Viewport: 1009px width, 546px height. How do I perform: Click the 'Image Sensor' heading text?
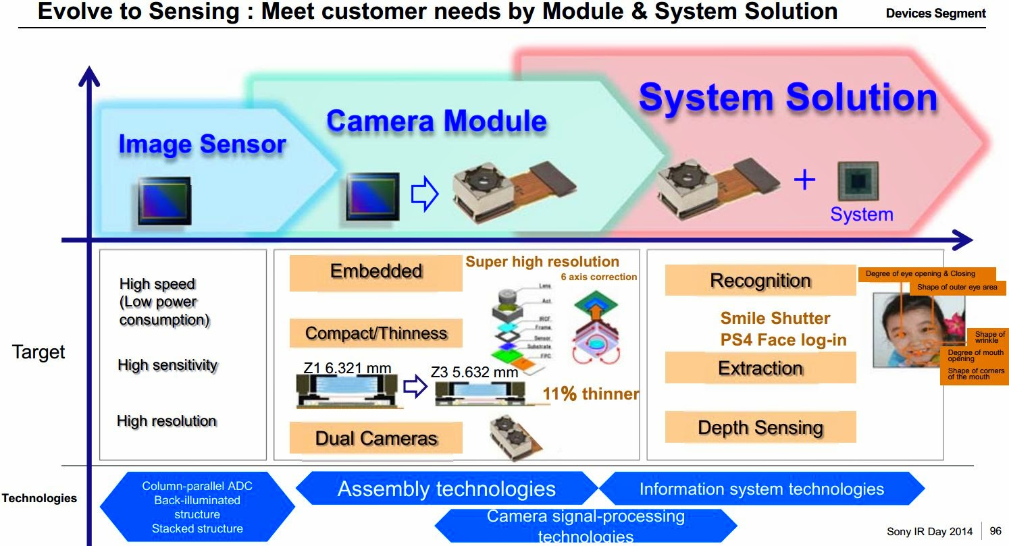pos(202,144)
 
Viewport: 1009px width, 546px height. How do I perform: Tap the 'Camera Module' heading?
pos(436,121)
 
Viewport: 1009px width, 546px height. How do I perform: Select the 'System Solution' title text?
pos(787,97)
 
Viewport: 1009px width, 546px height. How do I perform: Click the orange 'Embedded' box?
pos(376,272)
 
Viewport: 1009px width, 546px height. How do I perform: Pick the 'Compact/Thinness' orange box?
pos(376,333)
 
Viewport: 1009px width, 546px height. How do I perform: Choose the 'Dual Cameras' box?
pos(376,439)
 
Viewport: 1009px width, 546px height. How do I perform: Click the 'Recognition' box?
pos(760,281)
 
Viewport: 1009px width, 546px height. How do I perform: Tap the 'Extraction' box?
pos(760,368)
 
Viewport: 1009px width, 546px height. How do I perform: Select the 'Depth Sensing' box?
pos(760,428)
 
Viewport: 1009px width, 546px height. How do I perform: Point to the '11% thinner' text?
pos(590,393)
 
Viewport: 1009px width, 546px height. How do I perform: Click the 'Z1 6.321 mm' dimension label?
pos(347,368)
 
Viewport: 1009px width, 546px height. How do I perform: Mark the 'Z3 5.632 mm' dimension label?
pos(474,372)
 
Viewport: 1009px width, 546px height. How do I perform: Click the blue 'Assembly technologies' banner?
pos(446,489)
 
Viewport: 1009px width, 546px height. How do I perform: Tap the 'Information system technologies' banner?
pos(761,489)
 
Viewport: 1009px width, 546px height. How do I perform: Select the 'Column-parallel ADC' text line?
pos(197,486)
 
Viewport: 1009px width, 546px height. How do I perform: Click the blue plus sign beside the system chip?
pos(804,180)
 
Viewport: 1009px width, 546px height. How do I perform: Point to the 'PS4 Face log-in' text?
pos(783,339)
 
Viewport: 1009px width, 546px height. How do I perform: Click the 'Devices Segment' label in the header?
pos(935,13)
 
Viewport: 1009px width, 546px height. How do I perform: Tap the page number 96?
pos(995,531)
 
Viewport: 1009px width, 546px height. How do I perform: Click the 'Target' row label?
pos(38,352)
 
